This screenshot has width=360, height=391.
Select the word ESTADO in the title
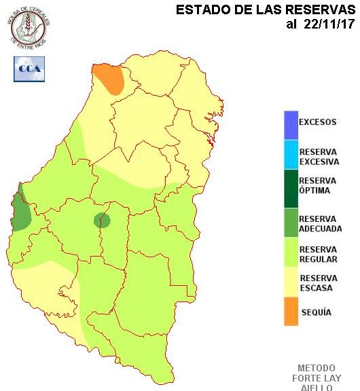(x=202, y=10)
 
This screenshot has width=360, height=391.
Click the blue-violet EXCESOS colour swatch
(x=291, y=124)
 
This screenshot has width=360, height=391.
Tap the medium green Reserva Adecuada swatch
(x=291, y=223)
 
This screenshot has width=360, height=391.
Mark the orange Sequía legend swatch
(x=291, y=312)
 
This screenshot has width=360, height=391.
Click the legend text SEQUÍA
(x=315, y=312)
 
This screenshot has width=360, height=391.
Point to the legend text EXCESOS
(x=317, y=123)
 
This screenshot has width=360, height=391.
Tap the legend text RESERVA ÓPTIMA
(x=317, y=185)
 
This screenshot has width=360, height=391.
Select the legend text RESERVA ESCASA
(x=318, y=283)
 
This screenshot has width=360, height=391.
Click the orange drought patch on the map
(x=109, y=77)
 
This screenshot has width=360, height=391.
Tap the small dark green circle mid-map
(x=102, y=220)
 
